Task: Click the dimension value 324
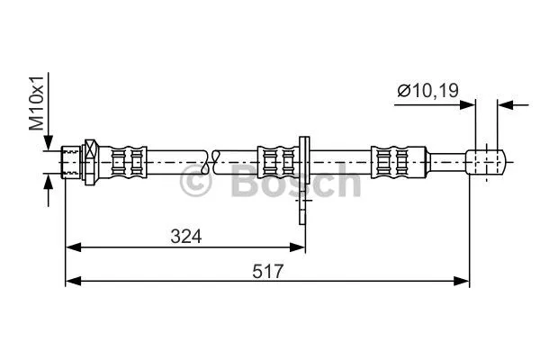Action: [185, 236]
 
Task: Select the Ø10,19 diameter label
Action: [428, 89]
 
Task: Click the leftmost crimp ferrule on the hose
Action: [126, 162]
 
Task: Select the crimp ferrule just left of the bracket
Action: [277, 162]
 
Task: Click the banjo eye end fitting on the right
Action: [486, 162]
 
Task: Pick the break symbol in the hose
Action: [211, 162]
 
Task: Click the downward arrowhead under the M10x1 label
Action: [48, 144]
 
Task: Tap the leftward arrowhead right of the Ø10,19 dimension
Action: [506, 104]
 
